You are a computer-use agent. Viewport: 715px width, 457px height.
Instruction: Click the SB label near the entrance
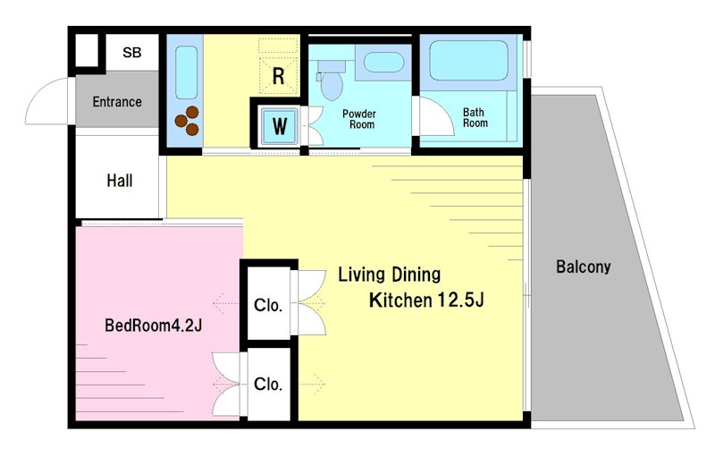click(131, 53)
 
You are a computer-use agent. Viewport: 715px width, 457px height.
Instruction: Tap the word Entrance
click(117, 102)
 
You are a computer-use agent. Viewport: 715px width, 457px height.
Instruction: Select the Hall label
click(120, 181)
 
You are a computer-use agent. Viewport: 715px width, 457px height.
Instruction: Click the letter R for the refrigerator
click(278, 76)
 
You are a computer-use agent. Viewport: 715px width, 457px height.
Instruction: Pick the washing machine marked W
click(279, 124)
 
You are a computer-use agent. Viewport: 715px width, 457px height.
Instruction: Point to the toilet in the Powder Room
click(331, 80)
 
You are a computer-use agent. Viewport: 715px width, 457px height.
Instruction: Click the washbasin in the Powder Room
click(384, 62)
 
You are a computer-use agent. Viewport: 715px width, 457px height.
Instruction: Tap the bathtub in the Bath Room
click(468, 61)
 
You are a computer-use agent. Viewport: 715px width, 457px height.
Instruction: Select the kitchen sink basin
click(186, 72)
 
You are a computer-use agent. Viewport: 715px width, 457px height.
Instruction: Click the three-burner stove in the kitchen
click(187, 121)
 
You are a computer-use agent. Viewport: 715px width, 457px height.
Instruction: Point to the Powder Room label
click(359, 119)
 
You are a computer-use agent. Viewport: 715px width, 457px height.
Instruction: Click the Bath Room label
click(475, 118)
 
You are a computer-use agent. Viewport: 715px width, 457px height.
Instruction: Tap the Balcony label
click(584, 267)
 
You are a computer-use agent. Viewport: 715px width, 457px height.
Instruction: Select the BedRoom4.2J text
click(153, 326)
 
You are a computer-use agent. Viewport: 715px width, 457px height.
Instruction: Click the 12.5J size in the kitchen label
click(460, 300)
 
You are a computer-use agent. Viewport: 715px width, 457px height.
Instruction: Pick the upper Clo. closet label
click(268, 305)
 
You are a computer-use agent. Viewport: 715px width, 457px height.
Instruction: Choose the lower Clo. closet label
click(268, 384)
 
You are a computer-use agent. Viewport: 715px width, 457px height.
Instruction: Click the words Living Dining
click(389, 275)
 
